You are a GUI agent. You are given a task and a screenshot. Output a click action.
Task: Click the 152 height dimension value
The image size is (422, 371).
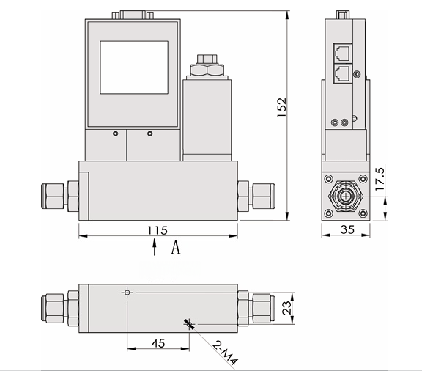[x=292, y=108]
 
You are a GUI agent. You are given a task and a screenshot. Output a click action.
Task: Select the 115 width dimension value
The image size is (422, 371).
[x=157, y=230]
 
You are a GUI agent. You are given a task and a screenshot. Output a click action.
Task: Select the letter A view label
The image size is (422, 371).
[x=176, y=249]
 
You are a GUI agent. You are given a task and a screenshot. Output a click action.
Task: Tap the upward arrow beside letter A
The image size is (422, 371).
[x=155, y=249]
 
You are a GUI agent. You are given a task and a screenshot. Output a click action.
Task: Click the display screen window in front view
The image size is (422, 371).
[x=133, y=67]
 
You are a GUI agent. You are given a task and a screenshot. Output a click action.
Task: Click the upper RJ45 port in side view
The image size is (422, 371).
[x=341, y=53]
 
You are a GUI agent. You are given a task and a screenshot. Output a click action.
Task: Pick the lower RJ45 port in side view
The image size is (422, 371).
[x=341, y=73]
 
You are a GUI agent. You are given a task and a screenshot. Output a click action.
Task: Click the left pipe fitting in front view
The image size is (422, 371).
[x=59, y=196]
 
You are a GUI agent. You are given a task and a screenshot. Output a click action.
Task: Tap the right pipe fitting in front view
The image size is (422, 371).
[x=256, y=196]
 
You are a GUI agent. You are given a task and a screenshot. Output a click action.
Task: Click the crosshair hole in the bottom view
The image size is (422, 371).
[x=127, y=293]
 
